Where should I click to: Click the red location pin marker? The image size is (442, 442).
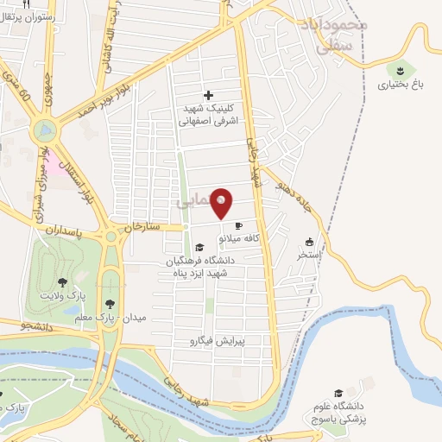[x=222, y=202]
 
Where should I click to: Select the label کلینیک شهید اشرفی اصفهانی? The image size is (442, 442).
[x=208, y=115]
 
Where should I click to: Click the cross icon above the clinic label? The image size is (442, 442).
[x=208, y=95]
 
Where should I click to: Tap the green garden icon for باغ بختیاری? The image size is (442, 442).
[x=400, y=68]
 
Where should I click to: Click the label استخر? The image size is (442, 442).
[x=309, y=256]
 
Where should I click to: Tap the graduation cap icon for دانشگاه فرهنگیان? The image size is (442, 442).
[x=199, y=248]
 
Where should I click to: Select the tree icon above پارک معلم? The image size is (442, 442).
[x=110, y=303]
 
